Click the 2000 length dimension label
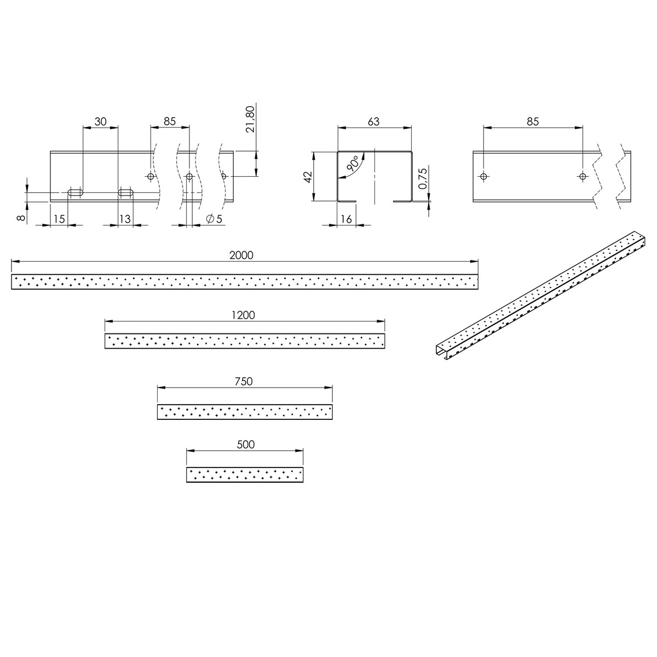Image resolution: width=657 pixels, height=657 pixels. tap(241, 255)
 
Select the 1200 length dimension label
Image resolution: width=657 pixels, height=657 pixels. tap(244, 315)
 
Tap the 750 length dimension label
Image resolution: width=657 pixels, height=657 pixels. tap(243, 382)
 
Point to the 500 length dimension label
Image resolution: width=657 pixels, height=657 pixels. tap(246, 445)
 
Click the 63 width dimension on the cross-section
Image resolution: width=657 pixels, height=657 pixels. tap(373, 122)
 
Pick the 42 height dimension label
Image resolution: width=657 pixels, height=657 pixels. tap(308, 176)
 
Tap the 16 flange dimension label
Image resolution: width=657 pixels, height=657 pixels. tap(346, 219)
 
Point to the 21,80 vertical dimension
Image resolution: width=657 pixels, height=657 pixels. tap(250, 120)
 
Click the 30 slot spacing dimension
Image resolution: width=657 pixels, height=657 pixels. tap(100, 122)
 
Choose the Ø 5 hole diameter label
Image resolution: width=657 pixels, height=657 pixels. tap(214, 219)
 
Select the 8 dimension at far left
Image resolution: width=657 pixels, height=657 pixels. tap(21, 218)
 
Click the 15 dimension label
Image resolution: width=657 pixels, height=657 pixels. tap(59, 219)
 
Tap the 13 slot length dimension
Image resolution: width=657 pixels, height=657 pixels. tap(125, 219)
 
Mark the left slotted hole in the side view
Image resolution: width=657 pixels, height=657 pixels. tap(75, 192)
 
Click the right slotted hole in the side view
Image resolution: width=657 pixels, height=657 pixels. tap(126, 192)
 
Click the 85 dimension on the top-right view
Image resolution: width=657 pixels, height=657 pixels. tap(533, 122)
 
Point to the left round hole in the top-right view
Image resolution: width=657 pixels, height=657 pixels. tap(483, 176)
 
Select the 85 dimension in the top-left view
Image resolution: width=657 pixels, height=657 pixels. tap(170, 122)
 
